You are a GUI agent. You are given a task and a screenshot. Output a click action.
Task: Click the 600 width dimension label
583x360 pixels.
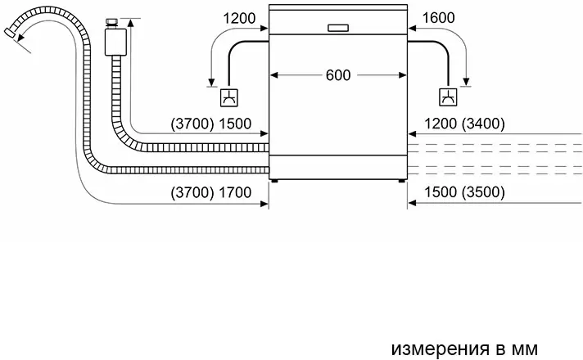[338, 75]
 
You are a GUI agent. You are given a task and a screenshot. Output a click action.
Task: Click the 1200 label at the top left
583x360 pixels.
[239, 18]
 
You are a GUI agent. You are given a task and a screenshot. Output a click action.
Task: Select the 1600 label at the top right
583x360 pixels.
[438, 18]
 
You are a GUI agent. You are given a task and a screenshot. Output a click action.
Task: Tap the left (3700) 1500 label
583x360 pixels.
[210, 124]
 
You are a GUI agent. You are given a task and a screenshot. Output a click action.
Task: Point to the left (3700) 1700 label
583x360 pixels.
[210, 192]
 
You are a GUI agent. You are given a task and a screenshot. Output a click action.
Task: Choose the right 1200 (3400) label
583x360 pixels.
[464, 124]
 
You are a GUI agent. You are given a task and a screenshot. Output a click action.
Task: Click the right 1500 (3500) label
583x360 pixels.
[464, 192]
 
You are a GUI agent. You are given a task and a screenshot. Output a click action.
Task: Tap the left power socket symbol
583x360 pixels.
[229, 97]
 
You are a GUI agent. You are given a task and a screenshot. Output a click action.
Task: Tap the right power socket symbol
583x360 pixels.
[448, 97]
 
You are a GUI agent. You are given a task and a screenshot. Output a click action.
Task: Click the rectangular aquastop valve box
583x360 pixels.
[115, 41]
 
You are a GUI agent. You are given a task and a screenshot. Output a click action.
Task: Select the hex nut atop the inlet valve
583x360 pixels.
[111, 22]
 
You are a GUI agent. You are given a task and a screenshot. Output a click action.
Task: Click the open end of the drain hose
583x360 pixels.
[9, 33]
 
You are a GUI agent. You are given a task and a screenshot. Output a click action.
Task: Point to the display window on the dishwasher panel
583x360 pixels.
[338, 28]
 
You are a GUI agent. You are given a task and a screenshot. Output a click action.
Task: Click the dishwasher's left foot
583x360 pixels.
[274, 181]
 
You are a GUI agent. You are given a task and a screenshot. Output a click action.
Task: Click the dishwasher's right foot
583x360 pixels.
[401, 181]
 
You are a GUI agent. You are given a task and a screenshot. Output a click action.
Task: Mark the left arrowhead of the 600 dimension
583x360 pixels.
[274, 75]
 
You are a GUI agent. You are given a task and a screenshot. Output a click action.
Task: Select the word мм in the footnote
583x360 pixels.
[525, 349]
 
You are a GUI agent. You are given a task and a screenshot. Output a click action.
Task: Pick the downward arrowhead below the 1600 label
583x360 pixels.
[466, 82]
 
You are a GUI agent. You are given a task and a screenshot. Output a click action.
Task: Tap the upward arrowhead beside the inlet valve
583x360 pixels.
[130, 23]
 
